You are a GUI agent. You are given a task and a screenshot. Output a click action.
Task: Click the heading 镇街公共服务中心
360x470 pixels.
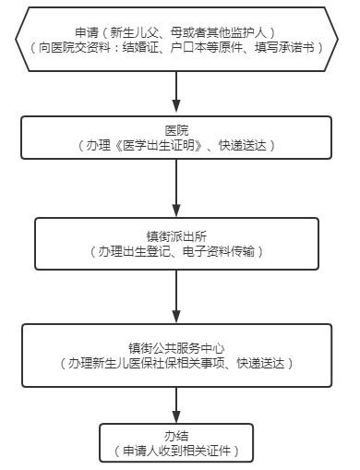coord(176,349)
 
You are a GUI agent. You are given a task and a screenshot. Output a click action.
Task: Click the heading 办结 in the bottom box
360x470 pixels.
coord(176,437)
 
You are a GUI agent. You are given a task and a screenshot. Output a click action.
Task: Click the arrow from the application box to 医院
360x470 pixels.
coord(176,92)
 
